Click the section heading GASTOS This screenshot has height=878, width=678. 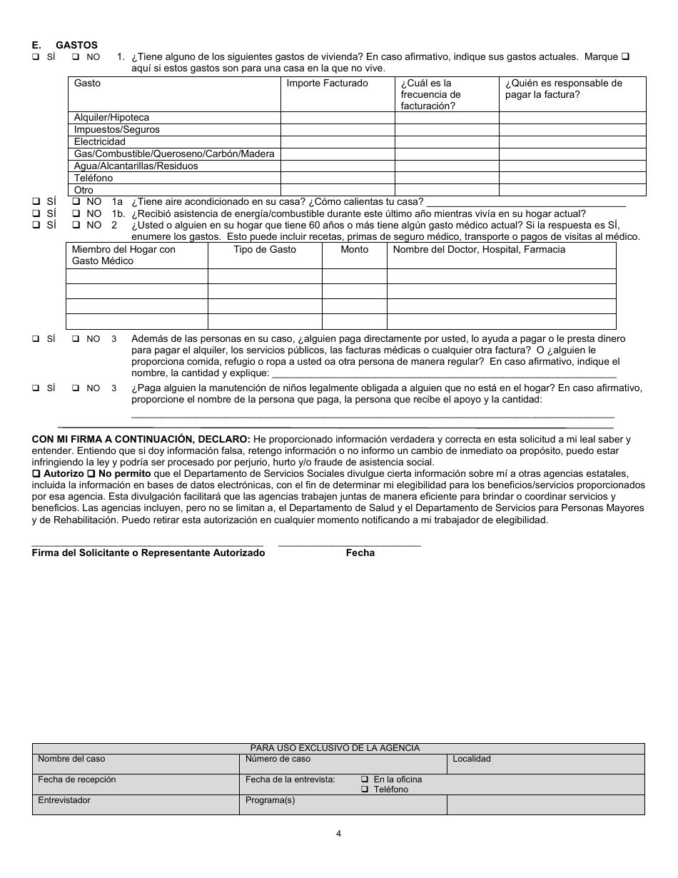[x=76, y=45]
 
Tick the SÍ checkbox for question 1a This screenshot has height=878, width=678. [x=36, y=202]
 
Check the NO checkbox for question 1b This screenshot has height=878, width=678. [x=76, y=213]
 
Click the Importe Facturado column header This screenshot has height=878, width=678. [x=327, y=84]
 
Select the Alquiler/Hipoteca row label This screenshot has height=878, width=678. [x=111, y=118]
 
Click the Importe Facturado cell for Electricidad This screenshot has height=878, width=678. [x=337, y=142]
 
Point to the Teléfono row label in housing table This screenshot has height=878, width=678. [x=93, y=178]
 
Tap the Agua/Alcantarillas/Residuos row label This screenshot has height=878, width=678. [x=136, y=166]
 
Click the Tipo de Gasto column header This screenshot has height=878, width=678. [x=264, y=250]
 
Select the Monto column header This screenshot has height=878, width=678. [x=354, y=250]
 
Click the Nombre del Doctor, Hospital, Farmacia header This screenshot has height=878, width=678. [x=478, y=250]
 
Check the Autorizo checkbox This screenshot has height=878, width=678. [x=36, y=474]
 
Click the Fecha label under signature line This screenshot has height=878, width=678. [x=360, y=553]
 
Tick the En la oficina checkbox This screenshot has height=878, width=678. [x=365, y=779]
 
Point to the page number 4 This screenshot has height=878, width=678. [x=338, y=833]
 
